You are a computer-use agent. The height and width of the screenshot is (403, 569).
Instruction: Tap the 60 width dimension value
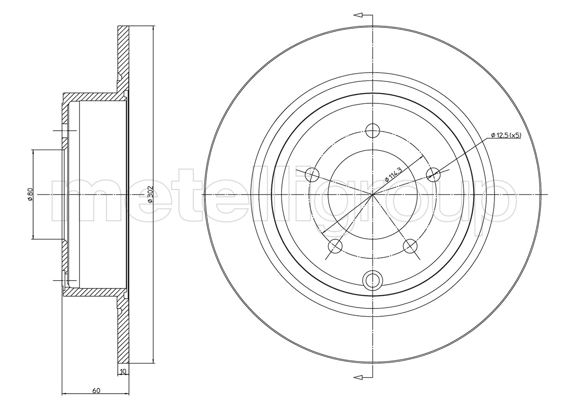96,391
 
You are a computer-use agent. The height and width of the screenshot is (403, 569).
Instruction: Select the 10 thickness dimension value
124,371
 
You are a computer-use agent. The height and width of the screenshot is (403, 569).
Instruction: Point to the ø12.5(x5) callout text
506,135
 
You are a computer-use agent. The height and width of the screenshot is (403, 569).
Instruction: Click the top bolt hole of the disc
372,131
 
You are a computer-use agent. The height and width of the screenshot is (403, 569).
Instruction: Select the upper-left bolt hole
312,175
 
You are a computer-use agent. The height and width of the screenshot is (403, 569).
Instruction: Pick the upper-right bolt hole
433,175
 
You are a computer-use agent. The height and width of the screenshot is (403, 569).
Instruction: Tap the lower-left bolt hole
335,246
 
